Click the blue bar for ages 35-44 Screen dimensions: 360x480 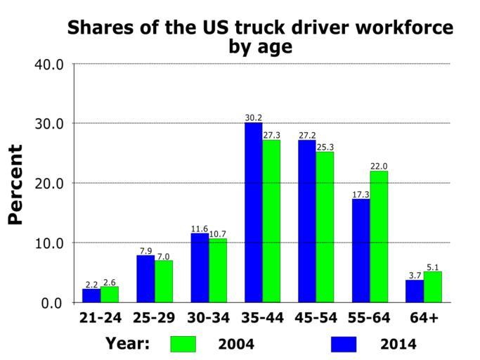click(253, 212)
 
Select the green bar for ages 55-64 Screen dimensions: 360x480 click(379, 236)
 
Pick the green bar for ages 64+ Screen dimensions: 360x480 click(432, 287)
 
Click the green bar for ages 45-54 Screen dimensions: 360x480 click(325, 226)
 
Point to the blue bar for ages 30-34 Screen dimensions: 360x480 click(200, 267)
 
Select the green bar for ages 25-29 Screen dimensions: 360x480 click(164, 281)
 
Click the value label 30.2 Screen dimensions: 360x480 click(254, 117)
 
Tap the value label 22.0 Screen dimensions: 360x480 click(379, 166)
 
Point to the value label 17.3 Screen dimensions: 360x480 click(361, 194)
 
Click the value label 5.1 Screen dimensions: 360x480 click(433, 266)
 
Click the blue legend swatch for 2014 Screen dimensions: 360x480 click(343, 344)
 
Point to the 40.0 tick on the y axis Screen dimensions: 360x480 click(49, 64)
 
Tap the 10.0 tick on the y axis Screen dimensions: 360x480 click(49, 243)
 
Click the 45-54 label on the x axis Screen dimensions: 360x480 click(316, 318)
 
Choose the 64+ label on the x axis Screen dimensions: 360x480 click(424, 318)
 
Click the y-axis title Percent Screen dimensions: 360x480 click(15, 184)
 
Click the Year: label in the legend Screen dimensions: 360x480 click(128, 343)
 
